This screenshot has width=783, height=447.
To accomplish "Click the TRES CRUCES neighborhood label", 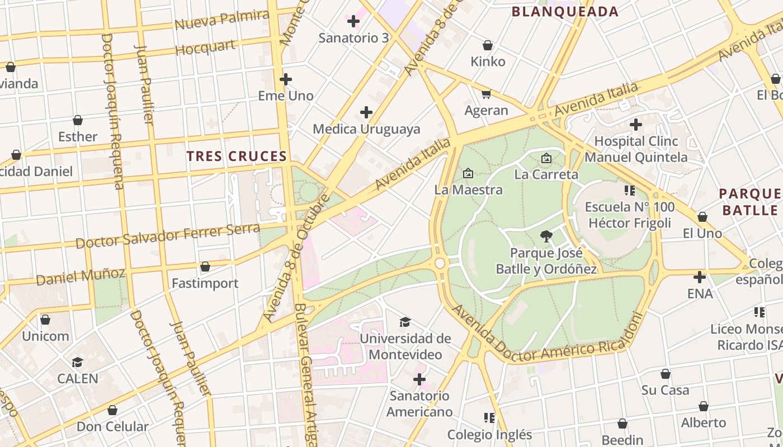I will point(237,156).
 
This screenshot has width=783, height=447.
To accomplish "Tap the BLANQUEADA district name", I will point(565,12).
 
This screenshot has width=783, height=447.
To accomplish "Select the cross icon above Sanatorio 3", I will point(353,22).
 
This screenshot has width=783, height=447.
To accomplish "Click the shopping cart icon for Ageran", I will point(487,94).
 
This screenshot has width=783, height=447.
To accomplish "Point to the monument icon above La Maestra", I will point(468,174).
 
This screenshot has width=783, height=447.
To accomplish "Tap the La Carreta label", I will point(546,174).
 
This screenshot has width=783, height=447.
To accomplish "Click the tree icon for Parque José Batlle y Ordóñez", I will point(546,236).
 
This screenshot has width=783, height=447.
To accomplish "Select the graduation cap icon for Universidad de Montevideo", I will point(405,322).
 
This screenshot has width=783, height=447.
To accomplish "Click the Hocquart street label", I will point(206,48).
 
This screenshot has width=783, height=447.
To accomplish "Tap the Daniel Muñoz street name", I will point(81,275).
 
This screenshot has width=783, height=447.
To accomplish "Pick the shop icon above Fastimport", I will point(205,267).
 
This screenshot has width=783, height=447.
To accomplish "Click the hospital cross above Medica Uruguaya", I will point(366,113).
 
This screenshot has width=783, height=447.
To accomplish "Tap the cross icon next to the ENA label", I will point(700,277).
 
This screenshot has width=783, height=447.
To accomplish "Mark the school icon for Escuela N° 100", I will point(630,191).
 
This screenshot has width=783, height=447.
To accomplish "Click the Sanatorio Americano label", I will point(419,404).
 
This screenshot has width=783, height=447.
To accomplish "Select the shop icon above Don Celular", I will point(112,411).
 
